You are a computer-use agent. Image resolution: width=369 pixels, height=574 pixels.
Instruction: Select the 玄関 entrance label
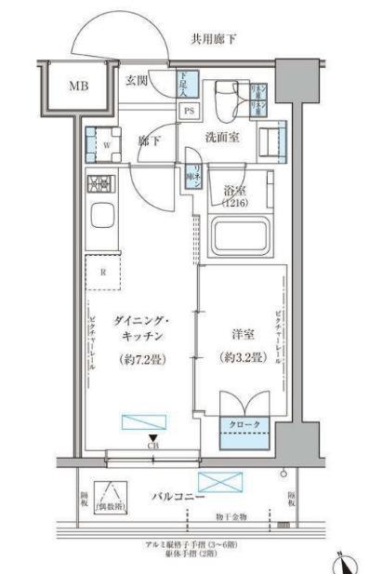coord(137,80)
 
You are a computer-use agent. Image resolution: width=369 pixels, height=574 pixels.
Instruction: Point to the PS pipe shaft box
coord(189,111)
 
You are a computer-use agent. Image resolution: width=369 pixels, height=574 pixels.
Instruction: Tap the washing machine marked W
coord(106,144)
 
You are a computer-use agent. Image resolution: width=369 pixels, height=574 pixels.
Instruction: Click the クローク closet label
coord(244,426)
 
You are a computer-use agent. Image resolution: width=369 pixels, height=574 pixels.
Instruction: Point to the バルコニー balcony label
coord(178,498)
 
